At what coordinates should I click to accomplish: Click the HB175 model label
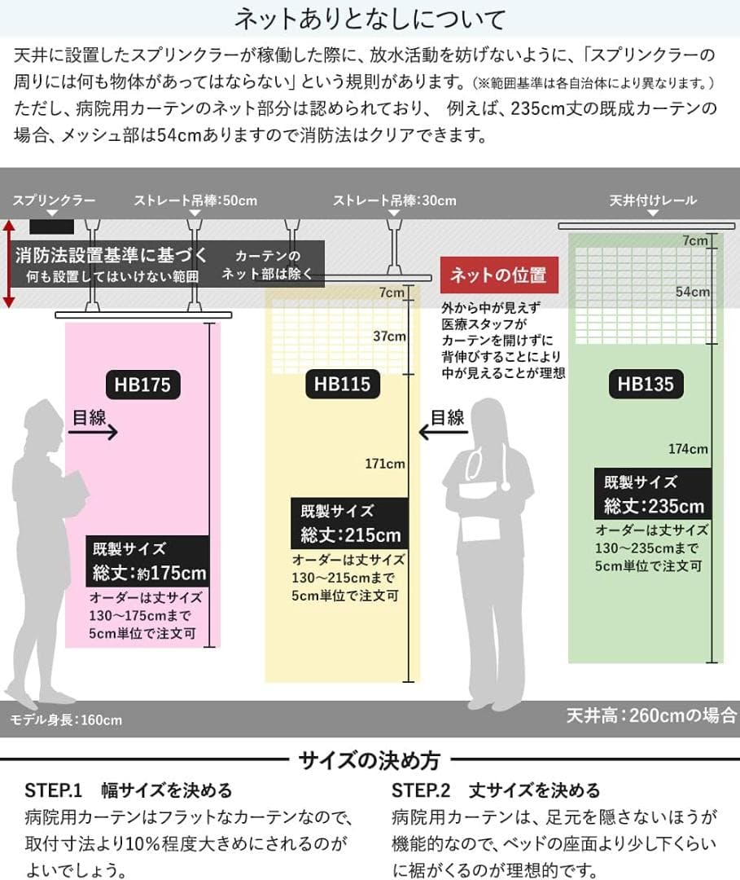pos(142,384)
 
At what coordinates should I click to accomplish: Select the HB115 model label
pos(343,384)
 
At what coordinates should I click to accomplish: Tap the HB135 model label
pos(646,384)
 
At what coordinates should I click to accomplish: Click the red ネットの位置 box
pos(500,275)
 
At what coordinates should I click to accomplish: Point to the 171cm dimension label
pos(385,464)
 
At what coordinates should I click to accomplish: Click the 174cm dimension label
pos(688,448)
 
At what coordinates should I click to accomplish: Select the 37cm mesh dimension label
pos(389,336)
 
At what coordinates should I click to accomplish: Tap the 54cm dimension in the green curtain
pos(694,291)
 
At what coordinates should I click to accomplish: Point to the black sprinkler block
pos(52,225)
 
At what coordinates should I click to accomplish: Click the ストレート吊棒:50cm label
pos(195,200)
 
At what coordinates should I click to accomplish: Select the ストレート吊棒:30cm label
pos(394,200)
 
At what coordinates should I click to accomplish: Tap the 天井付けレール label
pos(653,200)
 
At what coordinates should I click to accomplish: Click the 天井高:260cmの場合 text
pos(651,716)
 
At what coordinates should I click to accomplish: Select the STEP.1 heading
pos(129,790)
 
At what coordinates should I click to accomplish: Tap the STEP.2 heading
pos(495,790)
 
